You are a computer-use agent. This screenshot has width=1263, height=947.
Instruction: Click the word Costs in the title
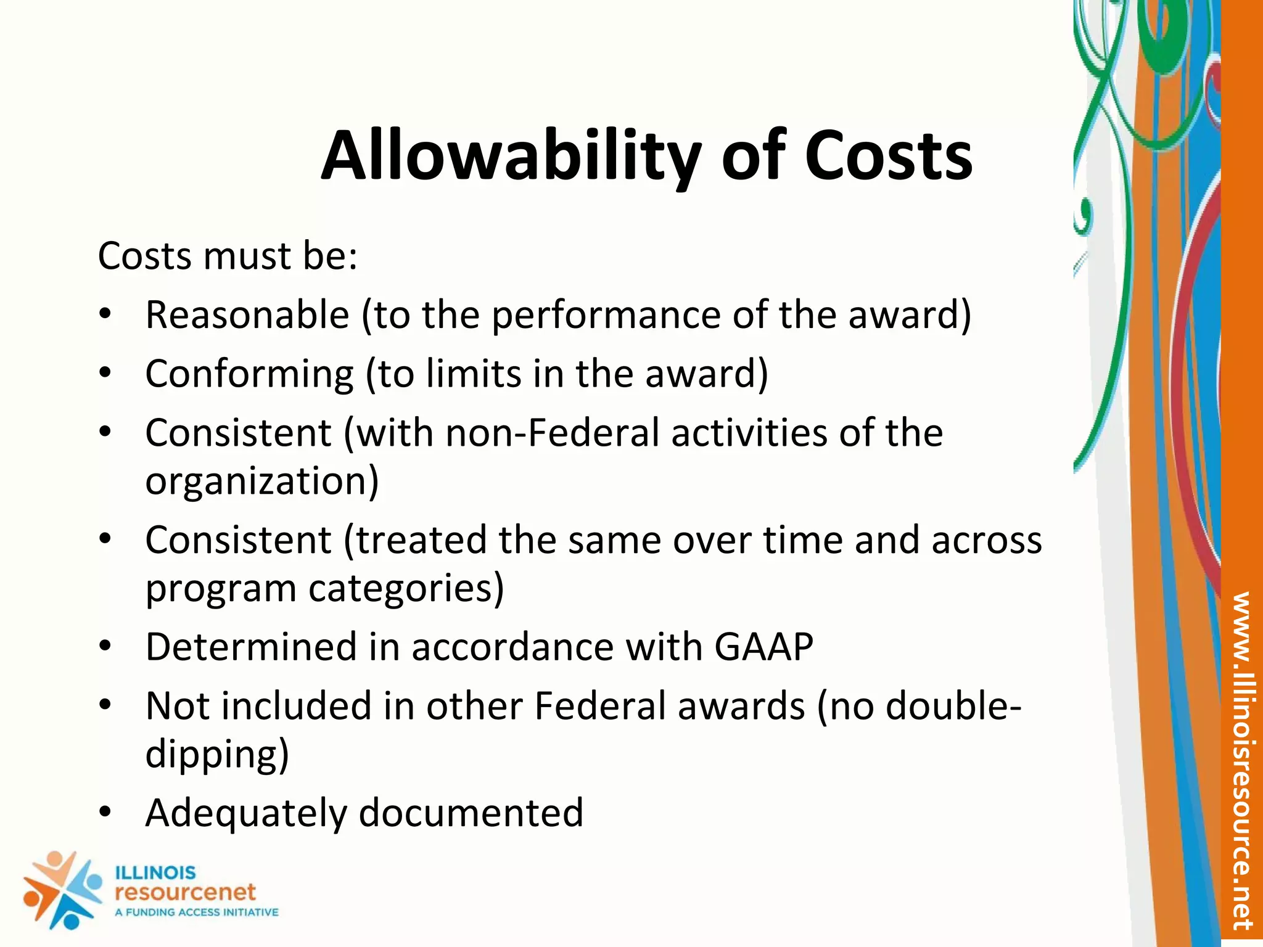click(888, 157)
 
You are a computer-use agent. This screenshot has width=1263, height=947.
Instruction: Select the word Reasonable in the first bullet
click(247, 315)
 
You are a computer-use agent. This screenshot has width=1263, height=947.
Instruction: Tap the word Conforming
click(250, 374)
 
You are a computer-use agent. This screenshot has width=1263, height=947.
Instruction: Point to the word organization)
click(262, 482)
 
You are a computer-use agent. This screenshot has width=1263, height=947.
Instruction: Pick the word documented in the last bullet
click(471, 813)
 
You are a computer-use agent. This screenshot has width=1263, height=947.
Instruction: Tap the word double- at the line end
click(953, 706)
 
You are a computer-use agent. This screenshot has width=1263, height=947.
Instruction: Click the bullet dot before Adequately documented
click(105, 811)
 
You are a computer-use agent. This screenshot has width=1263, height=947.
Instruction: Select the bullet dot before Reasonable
click(105, 314)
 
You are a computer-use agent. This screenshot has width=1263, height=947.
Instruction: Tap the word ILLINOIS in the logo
click(155, 873)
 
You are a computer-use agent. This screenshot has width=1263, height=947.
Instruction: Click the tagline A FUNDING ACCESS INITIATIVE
click(197, 912)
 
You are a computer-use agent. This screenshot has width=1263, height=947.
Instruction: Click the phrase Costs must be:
click(228, 256)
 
